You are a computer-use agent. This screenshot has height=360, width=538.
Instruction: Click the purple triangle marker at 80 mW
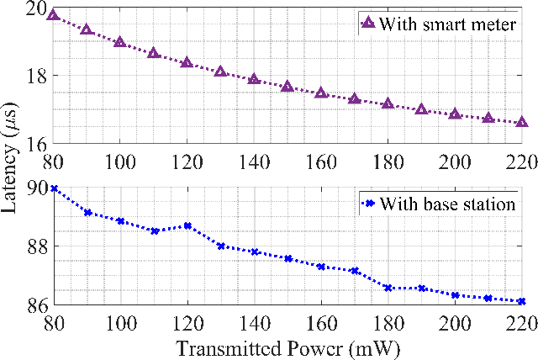pos(53,15)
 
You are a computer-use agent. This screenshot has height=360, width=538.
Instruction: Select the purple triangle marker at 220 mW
pos(522,122)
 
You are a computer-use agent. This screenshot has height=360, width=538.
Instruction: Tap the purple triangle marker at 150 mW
pos(287,87)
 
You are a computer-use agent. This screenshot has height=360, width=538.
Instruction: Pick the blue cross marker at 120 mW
pos(187,225)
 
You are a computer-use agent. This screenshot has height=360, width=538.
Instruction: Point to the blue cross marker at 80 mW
pos(53,188)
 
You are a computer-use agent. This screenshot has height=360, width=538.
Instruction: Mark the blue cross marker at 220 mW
pos(522,301)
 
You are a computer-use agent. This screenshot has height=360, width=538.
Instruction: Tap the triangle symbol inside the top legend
pos(367,24)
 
